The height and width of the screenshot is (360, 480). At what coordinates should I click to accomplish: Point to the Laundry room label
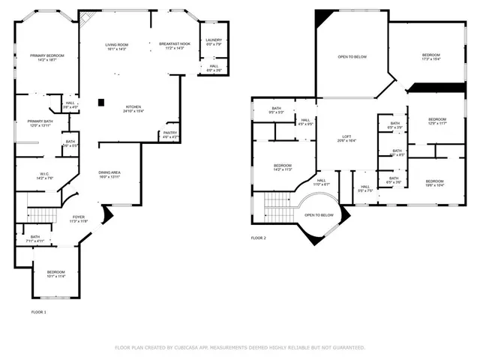point(214,42)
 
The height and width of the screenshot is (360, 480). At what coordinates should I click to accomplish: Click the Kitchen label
point(134,109)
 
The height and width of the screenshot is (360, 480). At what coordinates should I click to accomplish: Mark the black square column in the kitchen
point(101,102)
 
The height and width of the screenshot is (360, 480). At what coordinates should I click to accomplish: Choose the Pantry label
point(170,135)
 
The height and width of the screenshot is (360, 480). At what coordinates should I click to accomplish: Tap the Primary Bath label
point(40,123)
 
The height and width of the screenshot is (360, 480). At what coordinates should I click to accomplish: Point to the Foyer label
point(79,218)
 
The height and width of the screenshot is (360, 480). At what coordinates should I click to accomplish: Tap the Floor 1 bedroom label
point(56,274)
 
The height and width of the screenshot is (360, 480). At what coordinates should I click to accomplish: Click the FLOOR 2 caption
point(258,238)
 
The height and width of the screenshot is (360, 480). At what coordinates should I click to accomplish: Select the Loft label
point(346,138)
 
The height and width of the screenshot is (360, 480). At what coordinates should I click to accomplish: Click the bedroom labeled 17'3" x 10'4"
point(430,56)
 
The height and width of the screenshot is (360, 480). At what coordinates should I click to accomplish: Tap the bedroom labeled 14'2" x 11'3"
point(282,167)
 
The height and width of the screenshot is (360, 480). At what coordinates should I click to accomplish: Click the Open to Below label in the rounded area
point(319,215)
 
